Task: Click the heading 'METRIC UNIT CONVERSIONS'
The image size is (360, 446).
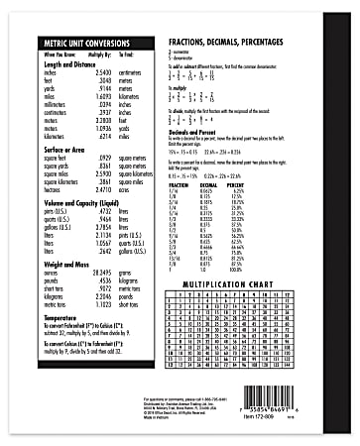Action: point(84,44)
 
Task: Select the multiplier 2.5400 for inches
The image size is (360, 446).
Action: point(99,72)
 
